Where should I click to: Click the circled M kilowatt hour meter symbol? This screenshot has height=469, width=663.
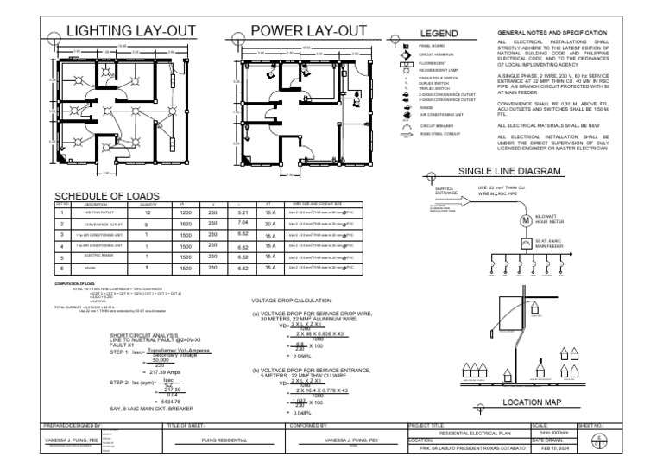click(x=523, y=219)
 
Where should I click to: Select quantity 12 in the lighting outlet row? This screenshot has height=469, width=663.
click(x=148, y=212)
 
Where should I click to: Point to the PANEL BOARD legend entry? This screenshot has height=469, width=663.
click(x=433, y=42)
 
